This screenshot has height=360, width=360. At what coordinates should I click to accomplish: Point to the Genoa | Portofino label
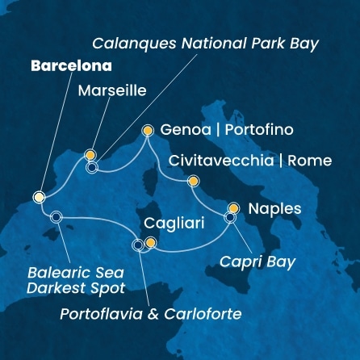[216, 130]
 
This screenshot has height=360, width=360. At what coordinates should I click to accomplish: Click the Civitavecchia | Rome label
[251, 161]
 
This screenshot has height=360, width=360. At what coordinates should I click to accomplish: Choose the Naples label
[275, 209]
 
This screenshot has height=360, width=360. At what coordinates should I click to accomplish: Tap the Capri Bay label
[257, 262]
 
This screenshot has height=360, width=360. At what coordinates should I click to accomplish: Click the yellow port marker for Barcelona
[39, 197]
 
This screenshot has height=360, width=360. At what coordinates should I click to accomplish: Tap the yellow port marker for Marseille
[90, 155]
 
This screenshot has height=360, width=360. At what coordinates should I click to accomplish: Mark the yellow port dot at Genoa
[147, 129]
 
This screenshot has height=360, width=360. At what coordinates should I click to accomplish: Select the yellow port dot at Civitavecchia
[192, 181]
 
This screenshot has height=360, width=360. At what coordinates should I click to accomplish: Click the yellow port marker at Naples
[234, 207]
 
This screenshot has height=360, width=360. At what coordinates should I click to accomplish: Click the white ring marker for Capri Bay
[230, 217]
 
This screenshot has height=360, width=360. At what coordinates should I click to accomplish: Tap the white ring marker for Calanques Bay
[92, 168]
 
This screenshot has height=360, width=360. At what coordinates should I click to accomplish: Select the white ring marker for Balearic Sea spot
[56, 216]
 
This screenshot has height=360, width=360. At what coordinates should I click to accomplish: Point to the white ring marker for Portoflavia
[138, 245]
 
